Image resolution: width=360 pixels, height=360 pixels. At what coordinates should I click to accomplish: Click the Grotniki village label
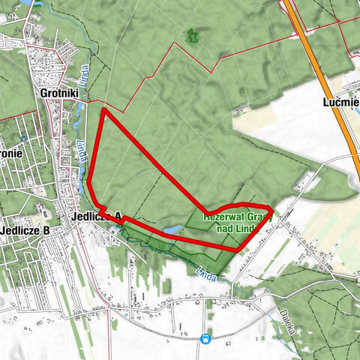(57, 94)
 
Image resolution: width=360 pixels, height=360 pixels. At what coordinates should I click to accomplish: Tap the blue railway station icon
(205, 338)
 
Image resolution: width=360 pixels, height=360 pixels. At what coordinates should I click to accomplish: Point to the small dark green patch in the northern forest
(193, 34)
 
